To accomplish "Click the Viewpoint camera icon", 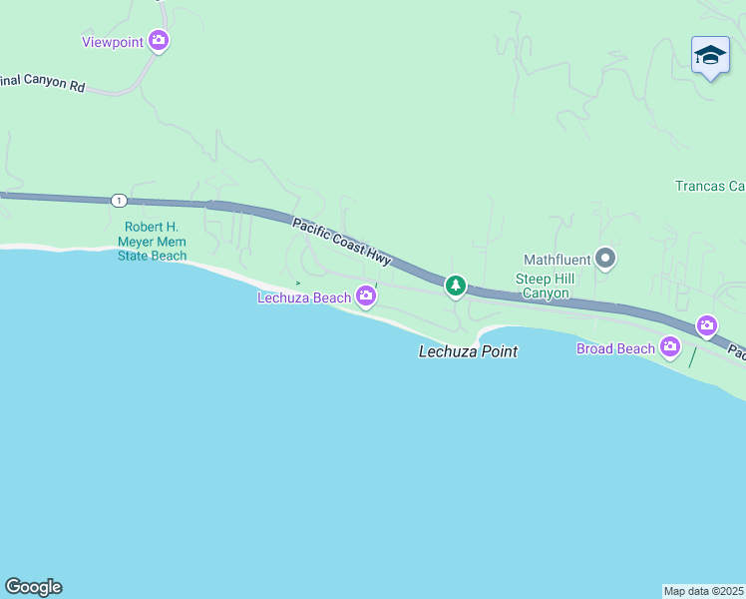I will point(159,41).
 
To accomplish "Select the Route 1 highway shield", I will point(119,201).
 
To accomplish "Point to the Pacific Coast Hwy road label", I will point(342,241).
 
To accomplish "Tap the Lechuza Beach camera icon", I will point(366,296).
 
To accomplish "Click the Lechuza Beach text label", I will point(304,298).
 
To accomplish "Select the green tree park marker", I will point(456,287).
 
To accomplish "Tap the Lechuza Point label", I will point(468,351).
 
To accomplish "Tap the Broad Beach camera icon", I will point(670,347).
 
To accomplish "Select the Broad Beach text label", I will point(615,348).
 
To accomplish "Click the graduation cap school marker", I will point(710,56).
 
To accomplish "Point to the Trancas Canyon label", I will point(710,186).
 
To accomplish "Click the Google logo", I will point(33,587).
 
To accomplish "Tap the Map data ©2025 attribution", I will point(704,591).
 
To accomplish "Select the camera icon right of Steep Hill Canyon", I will point(707,325).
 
